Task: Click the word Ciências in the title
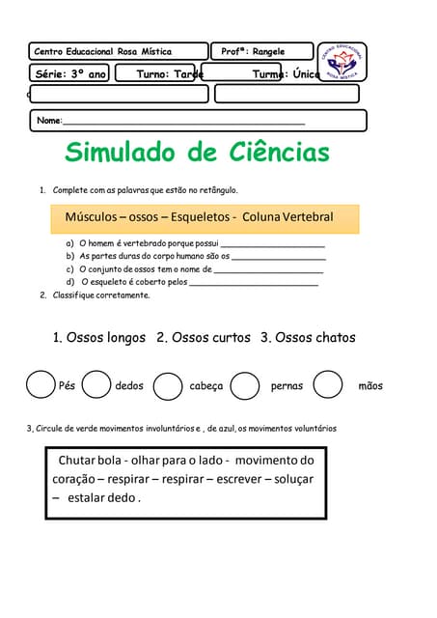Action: point(280,153)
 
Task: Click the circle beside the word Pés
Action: point(41,384)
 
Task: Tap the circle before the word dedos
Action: point(96,385)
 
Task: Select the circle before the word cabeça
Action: point(168,386)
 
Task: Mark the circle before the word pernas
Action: point(245,386)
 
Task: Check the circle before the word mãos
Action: point(328,385)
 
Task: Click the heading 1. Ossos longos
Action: point(99,338)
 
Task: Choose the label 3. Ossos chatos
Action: point(308,338)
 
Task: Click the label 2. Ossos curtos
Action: point(204,338)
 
